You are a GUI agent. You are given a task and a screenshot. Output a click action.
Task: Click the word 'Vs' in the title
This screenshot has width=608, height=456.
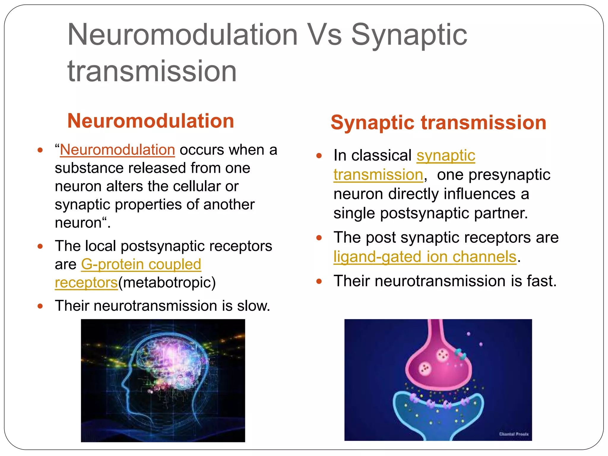[324, 35]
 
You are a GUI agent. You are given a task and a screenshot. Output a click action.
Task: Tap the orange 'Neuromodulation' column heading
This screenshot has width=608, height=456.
[151, 121]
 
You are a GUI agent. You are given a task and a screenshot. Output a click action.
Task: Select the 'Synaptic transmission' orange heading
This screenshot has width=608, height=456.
[438, 123]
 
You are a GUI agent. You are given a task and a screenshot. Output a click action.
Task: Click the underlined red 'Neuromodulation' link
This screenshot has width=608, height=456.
[118, 150]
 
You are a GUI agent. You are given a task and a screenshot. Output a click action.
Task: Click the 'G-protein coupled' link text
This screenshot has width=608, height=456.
[141, 264]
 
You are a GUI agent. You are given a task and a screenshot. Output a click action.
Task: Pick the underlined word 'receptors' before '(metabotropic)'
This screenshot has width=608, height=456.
[86, 283]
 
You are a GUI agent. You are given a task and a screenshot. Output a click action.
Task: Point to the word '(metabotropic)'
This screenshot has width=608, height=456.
[167, 283]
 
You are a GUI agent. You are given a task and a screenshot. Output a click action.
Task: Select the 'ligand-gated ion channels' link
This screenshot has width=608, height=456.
[425, 257]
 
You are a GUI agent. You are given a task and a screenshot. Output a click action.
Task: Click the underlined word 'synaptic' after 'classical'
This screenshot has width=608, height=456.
[446, 156]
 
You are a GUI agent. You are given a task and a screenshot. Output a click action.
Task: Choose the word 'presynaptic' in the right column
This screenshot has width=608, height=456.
[493, 175]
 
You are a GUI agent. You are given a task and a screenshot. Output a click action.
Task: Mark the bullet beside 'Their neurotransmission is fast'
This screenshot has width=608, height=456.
[319, 281]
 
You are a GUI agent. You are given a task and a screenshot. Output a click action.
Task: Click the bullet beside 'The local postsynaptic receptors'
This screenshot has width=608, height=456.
[40, 246]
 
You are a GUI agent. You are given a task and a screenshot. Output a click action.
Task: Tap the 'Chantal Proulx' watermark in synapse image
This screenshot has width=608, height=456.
[514, 434]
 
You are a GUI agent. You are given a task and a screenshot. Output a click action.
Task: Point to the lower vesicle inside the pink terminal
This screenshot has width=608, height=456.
[425, 369]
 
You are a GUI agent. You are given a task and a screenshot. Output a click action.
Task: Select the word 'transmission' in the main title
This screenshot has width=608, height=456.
[152, 71]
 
